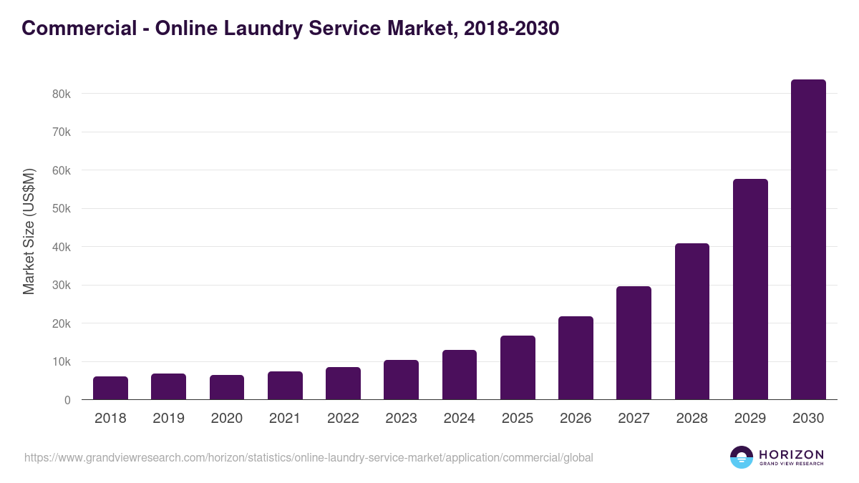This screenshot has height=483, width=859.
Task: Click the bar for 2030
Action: pos(808,240)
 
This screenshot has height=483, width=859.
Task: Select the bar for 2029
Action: pos(750,289)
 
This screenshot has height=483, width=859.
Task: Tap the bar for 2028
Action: pos(692,321)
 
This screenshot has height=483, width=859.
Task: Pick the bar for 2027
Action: pos(634,343)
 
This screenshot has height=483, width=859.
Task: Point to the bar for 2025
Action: pos(518,368)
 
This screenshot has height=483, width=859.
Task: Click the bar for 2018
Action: pos(110,388)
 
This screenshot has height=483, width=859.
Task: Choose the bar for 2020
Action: pos(227,387)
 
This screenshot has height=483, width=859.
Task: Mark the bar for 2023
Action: pos(401,380)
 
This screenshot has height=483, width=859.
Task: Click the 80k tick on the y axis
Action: pos(61,94)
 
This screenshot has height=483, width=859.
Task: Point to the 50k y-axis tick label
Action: pos(61,209)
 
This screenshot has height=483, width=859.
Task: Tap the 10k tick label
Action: pos(61,362)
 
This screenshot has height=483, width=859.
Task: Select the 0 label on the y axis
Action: pos(67,400)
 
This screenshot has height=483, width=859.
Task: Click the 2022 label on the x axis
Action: pos(343,419)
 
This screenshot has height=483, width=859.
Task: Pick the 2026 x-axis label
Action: pos(576,419)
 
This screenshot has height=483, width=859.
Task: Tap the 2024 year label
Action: pos(459,419)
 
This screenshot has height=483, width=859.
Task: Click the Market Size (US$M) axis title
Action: pos(29,230)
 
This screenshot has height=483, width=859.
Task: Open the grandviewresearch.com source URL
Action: pos(309,457)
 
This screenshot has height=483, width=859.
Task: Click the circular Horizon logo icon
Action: pos(742,457)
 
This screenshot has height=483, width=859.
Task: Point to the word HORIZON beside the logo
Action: pos(791,454)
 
